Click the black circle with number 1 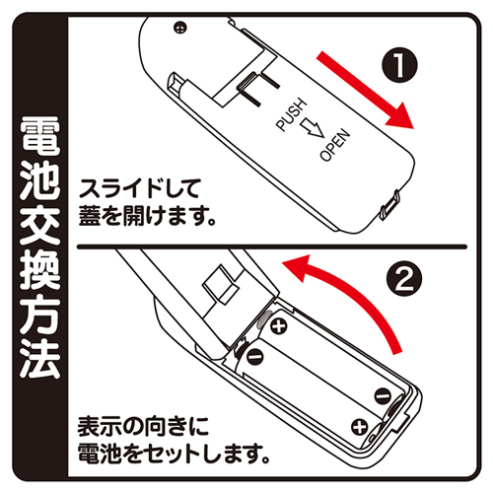pos(399,65)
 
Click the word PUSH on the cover pos(291,115)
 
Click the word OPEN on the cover pos(335,145)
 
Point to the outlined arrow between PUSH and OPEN pos(313,129)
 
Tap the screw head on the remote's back pos(180,28)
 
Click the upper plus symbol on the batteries pos(279,325)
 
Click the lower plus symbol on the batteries pos(360,427)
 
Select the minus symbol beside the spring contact pos(254,355)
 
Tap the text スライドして pos(139,188)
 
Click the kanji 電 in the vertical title pos(39,135)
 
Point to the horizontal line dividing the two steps pos(271,246)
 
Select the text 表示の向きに pos(143,426)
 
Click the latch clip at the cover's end pos(390,204)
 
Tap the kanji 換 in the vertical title pos(39,269)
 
